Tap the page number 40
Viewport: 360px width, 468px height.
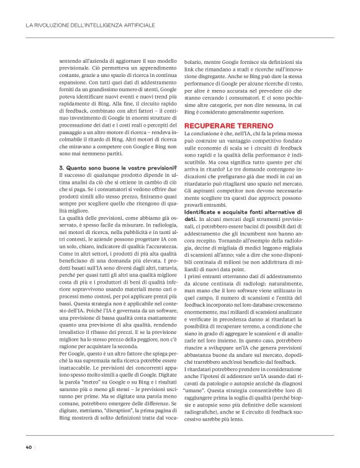29,446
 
